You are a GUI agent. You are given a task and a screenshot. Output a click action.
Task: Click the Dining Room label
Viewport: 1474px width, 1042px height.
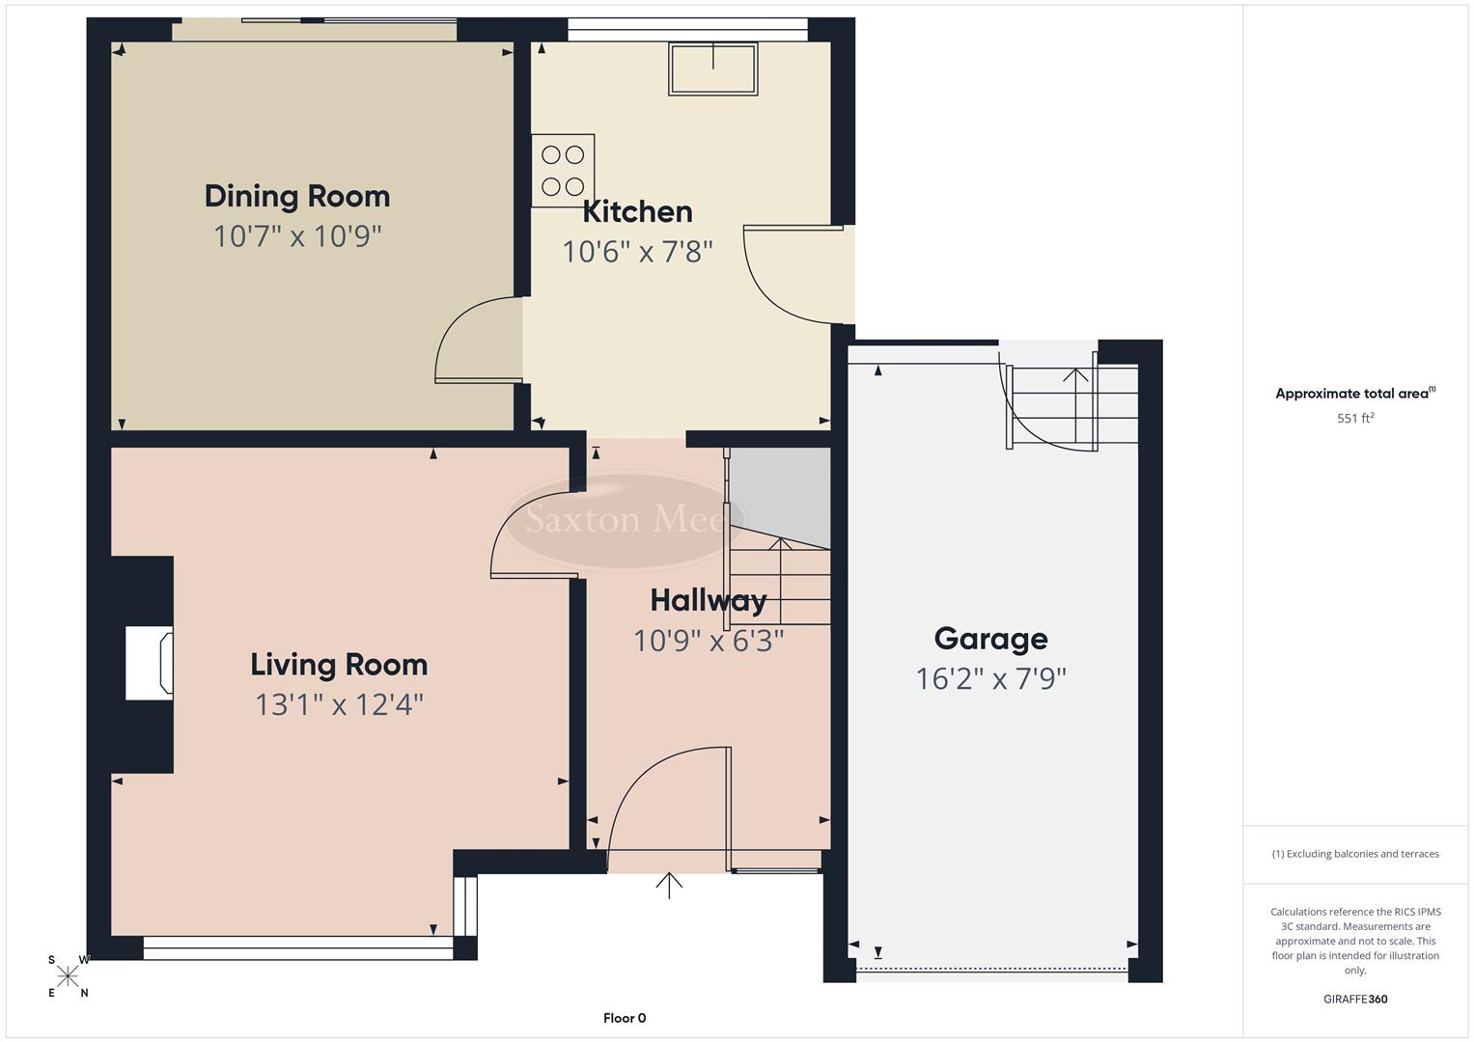pyautogui.click(x=297, y=197)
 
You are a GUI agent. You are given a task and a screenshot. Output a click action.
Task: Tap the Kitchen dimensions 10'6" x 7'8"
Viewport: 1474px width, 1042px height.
pyautogui.click(x=637, y=252)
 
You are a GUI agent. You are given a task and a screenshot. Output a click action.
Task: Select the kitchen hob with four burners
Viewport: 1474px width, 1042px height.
pyautogui.click(x=563, y=170)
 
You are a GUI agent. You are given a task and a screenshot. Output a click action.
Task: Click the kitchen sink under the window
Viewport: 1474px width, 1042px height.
pyautogui.click(x=712, y=68)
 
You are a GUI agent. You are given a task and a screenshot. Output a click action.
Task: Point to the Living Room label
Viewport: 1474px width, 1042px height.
pyautogui.click(x=339, y=665)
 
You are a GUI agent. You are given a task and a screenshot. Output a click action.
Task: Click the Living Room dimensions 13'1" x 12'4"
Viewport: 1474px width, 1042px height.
pyautogui.click(x=339, y=705)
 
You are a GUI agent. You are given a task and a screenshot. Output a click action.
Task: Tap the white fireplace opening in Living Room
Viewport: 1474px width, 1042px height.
pyautogui.click(x=149, y=663)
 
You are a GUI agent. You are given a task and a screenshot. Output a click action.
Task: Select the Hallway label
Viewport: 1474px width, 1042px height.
pyautogui.click(x=708, y=600)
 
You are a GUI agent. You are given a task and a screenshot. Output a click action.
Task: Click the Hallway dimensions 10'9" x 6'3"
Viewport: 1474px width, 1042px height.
pyautogui.click(x=708, y=641)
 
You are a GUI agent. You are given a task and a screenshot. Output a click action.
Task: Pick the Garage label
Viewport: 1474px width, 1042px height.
pyautogui.click(x=990, y=639)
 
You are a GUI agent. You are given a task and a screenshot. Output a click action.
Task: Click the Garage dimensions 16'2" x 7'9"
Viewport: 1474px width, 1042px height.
pyautogui.click(x=990, y=679)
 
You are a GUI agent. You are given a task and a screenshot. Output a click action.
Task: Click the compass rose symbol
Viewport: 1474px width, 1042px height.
pyautogui.click(x=68, y=976)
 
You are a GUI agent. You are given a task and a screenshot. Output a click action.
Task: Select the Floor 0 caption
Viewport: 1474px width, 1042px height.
pyautogui.click(x=625, y=1018)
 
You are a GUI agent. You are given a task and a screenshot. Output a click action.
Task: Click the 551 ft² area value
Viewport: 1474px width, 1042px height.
pyautogui.click(x=1355, y=419)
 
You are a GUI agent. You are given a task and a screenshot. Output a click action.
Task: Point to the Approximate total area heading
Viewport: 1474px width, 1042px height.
pyautogui.click(x=1355, y=394)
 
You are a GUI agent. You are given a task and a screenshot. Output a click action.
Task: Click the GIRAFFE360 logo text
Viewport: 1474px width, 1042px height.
pyautogui.click(x=1355, y=1000)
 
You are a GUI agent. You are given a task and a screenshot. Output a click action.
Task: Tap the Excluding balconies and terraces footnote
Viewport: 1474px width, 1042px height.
pyautogui.click(x=1355, y=854)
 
